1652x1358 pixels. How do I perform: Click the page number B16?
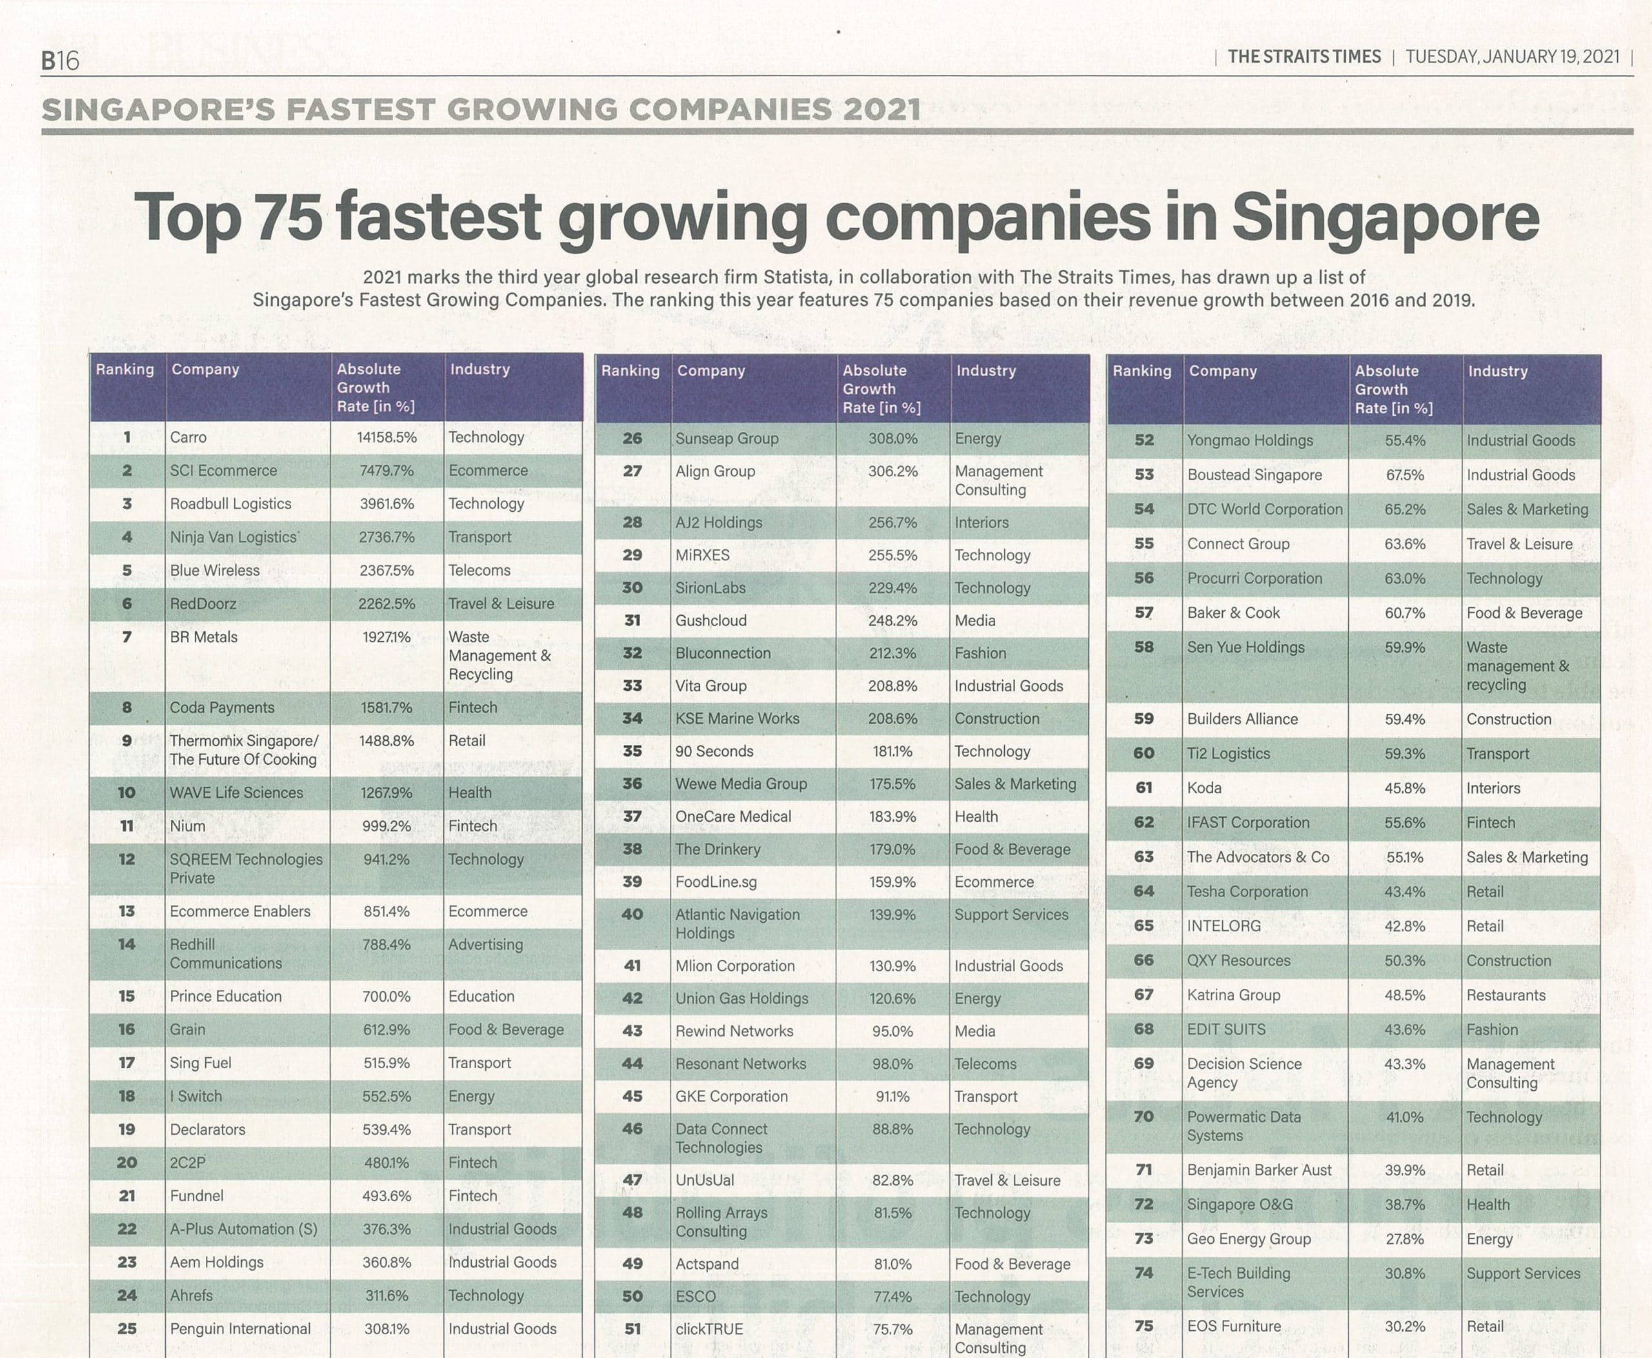(x=60, y=60)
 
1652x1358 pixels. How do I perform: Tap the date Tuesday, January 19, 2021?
(x=1512, y=56)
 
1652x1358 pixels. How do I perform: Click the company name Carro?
(x=188, y=437)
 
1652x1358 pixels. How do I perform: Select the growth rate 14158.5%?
(x=387, y=437)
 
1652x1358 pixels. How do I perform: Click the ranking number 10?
(x=126, y=793)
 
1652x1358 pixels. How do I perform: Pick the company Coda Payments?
(x=222, y=707)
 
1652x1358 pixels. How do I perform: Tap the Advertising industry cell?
(x=485, y=944)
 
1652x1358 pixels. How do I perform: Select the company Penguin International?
(x=240, y=1328)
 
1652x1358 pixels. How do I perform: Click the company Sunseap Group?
(x=727, y=439)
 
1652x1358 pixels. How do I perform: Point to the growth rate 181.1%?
(x=892, y=751)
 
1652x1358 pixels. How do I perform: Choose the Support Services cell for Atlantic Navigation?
(x=1011, y=915)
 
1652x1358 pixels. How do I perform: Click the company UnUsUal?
(x=705, y=1180)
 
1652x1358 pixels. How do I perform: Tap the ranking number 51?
(x=632, y=1328)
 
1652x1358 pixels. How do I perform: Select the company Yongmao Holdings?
(x=1250, y=440)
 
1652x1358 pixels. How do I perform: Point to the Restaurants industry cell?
(x=1506, y=995)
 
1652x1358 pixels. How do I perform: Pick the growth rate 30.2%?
(x=1404, y=1326)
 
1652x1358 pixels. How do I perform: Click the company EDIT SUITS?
(x=1225, y=1029)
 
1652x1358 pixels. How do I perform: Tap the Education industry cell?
(x=481, y=996)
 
